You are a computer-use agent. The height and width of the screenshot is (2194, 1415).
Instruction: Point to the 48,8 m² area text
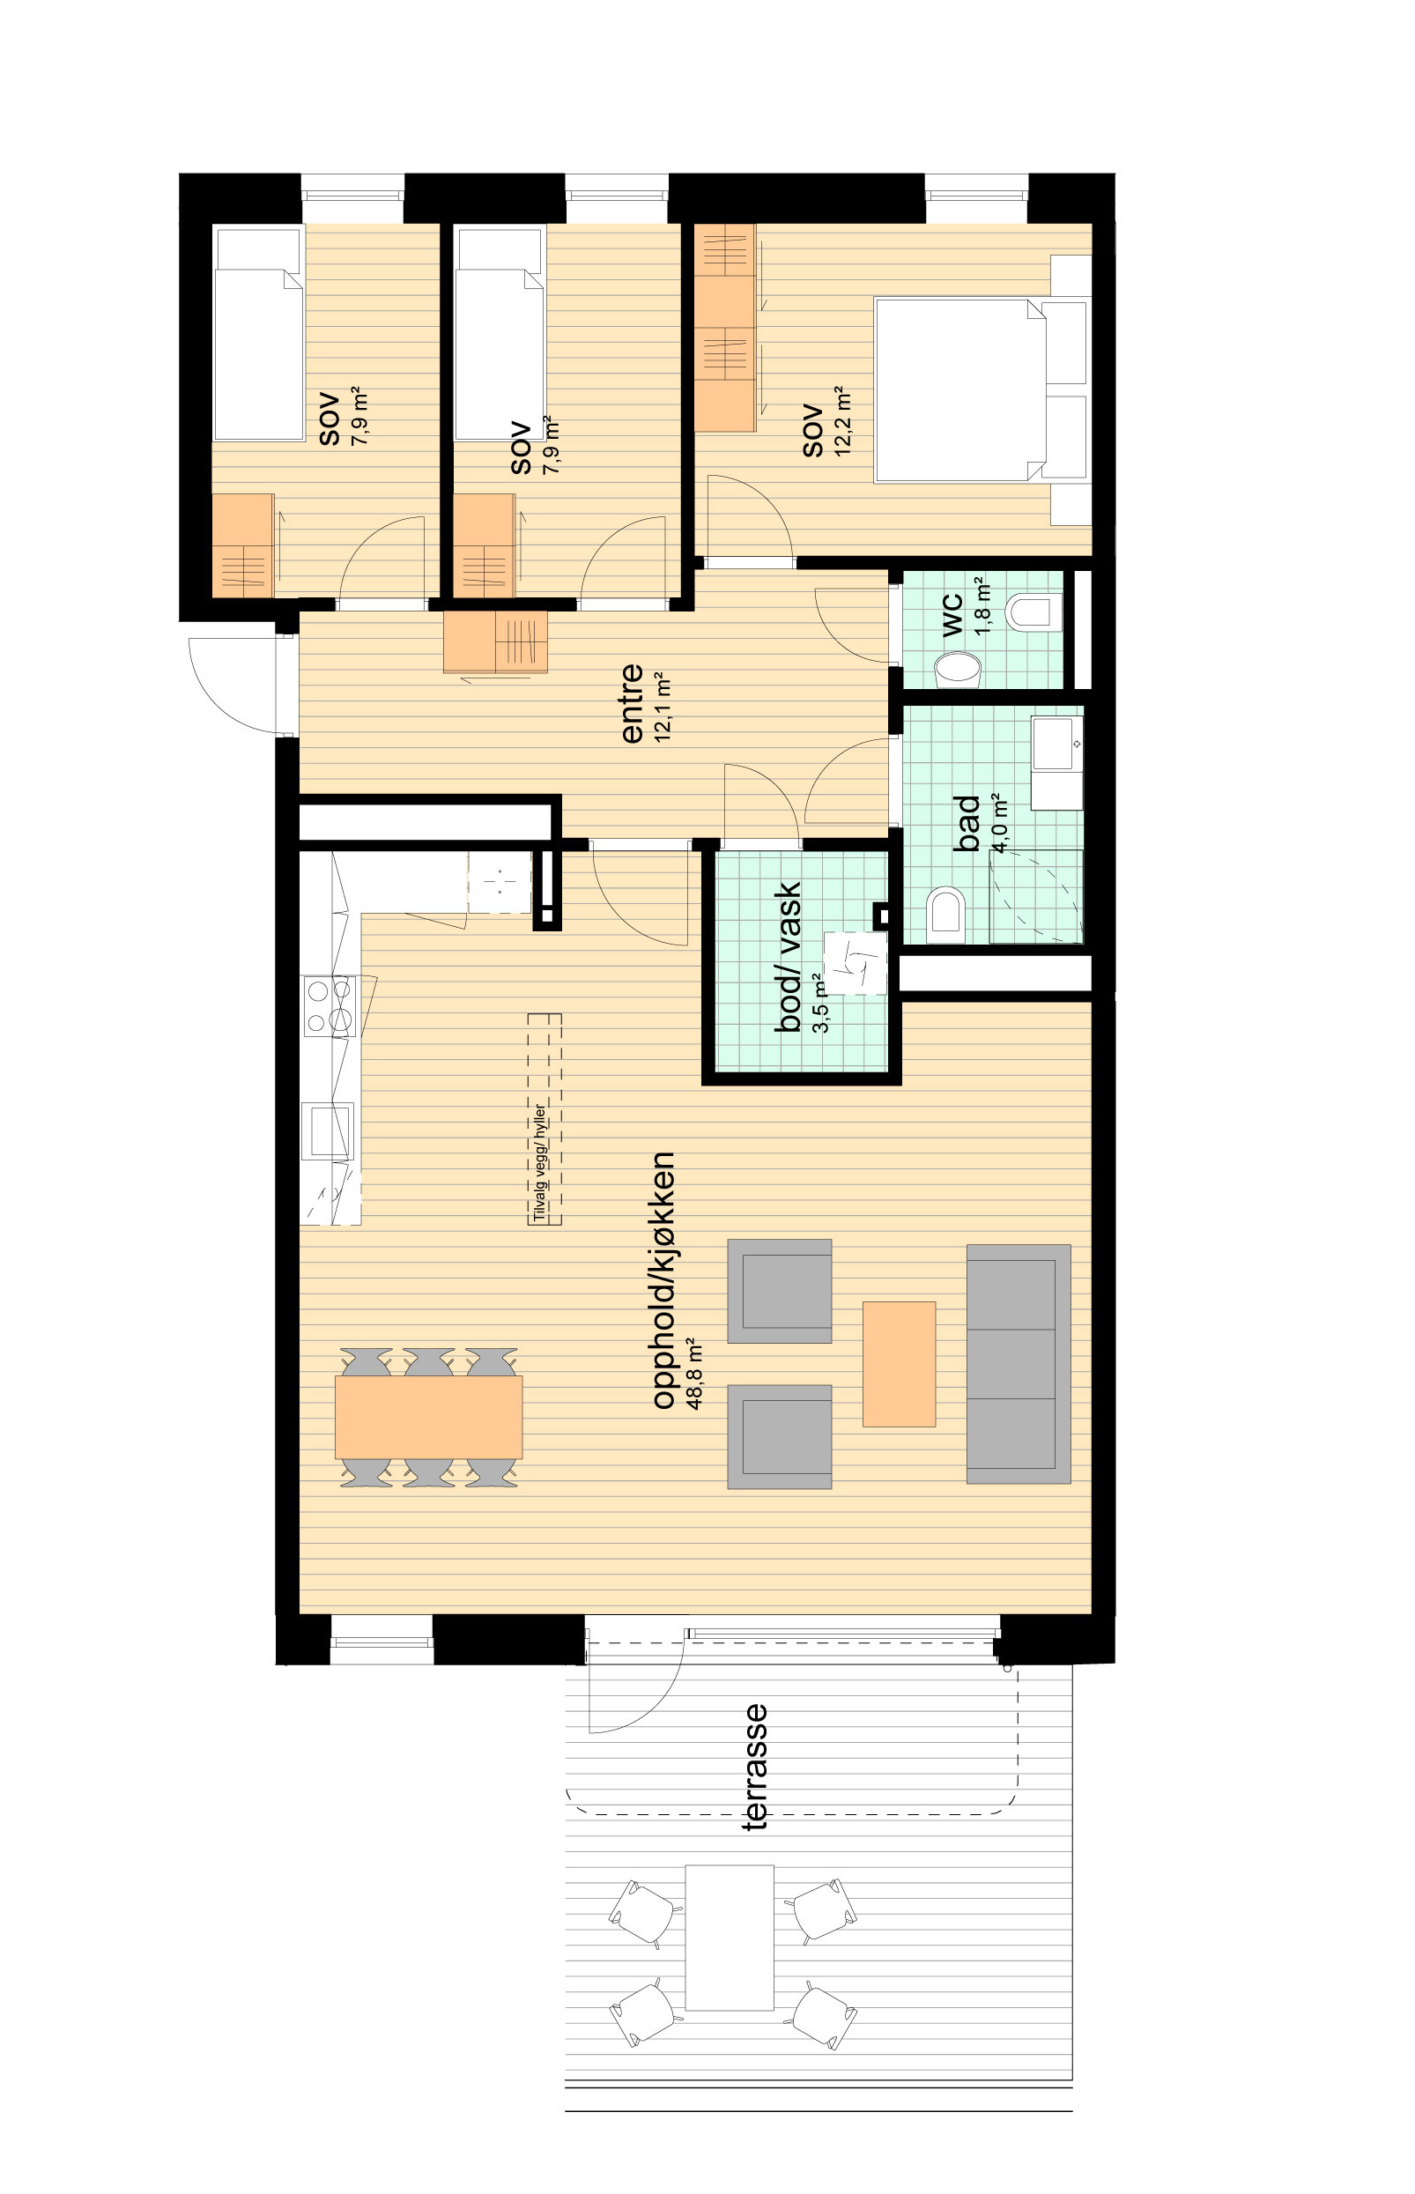point(694,1374)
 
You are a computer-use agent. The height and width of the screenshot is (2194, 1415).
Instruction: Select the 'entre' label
point(631,704)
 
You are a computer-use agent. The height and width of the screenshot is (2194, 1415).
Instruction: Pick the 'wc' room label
point(952,615)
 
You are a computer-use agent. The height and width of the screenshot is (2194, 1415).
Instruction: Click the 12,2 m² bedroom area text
point(842,422)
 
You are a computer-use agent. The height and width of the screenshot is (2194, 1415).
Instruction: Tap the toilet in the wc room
point(1035,612)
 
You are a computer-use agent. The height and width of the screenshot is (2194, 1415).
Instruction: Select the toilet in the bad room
point(947,915)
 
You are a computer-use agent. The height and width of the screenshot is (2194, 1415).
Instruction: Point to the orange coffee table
point(899,1363)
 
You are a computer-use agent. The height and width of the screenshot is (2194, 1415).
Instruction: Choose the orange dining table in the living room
point(428,1417)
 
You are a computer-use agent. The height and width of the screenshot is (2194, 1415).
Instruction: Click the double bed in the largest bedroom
point(960,389)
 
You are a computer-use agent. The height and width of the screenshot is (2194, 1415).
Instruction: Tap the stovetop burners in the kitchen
point(330,1006)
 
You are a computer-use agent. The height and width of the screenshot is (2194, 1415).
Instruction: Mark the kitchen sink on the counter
point(328,1130)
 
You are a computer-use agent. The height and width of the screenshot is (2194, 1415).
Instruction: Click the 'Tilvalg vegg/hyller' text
point(540,1161)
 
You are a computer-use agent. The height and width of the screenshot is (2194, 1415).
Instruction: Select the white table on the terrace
point(730,1938)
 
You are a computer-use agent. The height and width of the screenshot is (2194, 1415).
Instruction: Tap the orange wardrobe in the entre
point(495,641)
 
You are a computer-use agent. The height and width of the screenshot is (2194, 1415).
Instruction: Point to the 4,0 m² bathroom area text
point(1001,825)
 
